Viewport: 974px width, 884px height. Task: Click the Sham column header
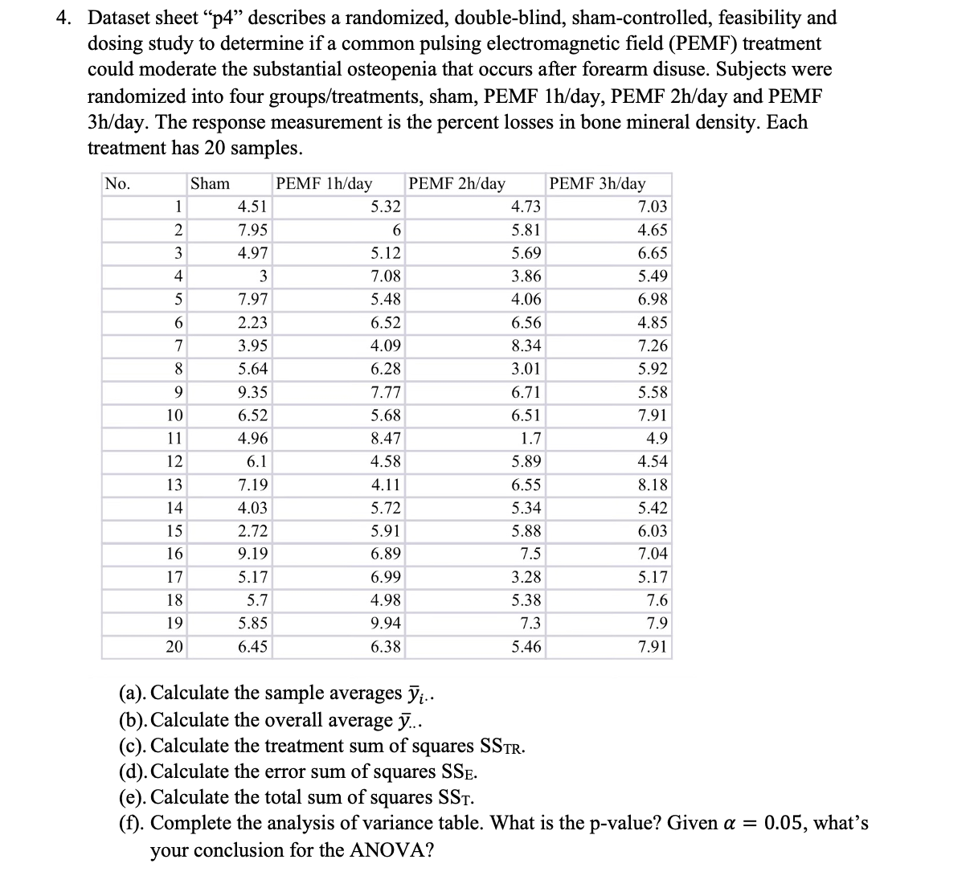pyautogui.click(x=210, y=184)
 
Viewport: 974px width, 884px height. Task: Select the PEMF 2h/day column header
pyautogui.click(x=456, y=184)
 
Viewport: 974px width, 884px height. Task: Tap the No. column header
pyautogui.click(x=117, y=184)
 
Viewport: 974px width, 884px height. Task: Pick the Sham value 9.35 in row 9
pyautogui.click(x=253, y=393)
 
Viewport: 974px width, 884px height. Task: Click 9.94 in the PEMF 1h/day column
pyautogui.click(x=386, y=624)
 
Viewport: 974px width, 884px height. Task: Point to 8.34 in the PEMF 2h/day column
pyautogui.click(x=526, y=346)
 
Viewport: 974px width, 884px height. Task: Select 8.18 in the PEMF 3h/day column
pyautogui.click(x=653, y=485)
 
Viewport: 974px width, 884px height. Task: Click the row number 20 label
pyautogui.click(x=174, y=647)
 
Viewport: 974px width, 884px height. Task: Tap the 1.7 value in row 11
pyautogui.click(x=530, y=439)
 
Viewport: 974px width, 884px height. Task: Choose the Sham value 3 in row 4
pyautogui.click(x=262, y=276)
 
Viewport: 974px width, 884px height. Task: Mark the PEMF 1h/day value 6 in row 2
pyautogui.click(x=395, y=231)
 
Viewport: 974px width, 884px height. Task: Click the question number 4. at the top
pyautogui.click(x=64, y=18)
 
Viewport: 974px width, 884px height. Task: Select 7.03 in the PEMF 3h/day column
pyautogui.click(x=653, y=207)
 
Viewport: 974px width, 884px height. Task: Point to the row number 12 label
pyautogui.click(x=174, y=462)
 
